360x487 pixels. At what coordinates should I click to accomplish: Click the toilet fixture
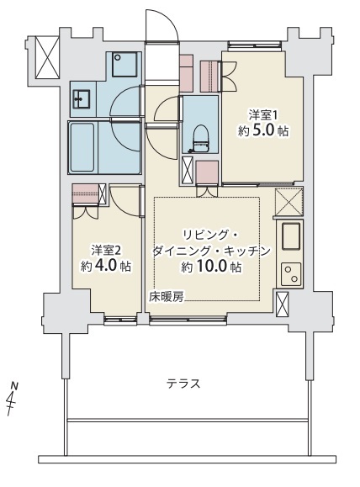[x=200, y=139]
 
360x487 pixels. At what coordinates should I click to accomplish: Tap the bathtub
[x=82, y=147]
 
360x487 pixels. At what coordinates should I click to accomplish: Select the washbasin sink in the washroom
[x=81, y=99]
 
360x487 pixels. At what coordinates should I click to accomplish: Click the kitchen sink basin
[x=291, y=236]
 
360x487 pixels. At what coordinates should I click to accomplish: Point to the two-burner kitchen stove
[x=291, y=274]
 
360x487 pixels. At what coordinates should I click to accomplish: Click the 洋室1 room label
[x=262, y=115]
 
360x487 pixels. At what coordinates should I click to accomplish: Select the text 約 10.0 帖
[x=211, y=267]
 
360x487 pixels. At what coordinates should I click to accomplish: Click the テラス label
[x=183, y=384]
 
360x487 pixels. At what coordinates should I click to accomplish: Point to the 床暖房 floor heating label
[x=167, y=297]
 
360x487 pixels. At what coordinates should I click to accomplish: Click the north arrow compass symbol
[x=13, y=399]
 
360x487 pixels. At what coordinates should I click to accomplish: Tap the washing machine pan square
[x=124, y=64]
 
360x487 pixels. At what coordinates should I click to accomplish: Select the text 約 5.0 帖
[x=262, y=131]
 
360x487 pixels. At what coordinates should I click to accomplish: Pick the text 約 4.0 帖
[x=106, y=266]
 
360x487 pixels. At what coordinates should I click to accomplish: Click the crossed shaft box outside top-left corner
[x=47, y=57]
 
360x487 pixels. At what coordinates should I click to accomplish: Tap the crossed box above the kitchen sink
[x=289, y=202]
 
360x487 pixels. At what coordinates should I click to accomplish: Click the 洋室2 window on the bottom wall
[x=120, y=320]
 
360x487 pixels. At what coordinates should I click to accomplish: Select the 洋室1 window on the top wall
[x=255, y=45]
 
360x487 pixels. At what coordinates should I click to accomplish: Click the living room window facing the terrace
[x=187, y=320]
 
